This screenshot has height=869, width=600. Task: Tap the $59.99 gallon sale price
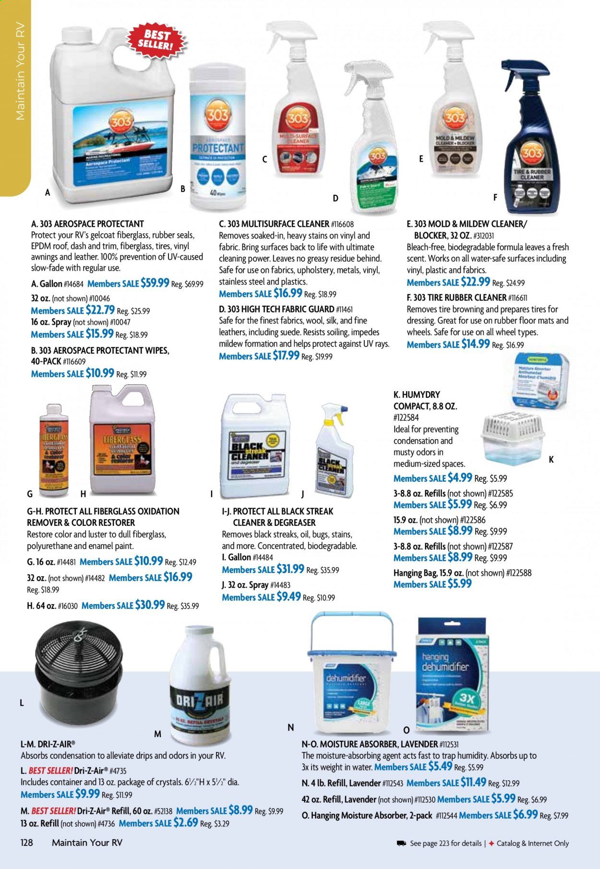point(155,283)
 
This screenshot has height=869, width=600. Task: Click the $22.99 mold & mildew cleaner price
point(475,282)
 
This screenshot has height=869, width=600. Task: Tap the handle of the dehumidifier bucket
point(353,624)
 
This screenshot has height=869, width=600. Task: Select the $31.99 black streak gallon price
point(290,570)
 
